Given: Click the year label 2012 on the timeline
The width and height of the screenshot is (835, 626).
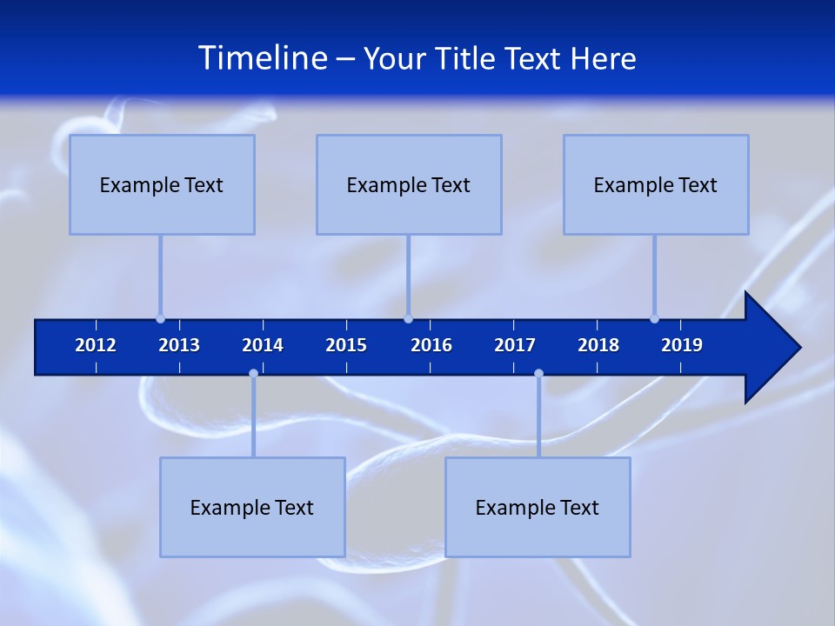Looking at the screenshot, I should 96,345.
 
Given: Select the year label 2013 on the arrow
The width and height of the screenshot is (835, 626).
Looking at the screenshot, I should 179,345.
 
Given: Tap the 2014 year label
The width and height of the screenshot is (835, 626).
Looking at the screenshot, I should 263,345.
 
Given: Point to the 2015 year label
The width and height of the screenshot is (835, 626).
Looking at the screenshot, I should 346,345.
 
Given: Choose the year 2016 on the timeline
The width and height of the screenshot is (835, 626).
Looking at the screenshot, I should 431,345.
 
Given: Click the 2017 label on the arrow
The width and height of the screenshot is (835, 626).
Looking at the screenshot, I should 515,345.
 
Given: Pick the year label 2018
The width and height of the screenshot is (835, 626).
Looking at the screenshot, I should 598,345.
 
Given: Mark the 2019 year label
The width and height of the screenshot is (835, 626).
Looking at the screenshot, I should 682,345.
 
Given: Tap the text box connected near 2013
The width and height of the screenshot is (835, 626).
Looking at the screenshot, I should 162,184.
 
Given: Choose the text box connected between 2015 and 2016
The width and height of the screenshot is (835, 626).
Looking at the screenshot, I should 409,184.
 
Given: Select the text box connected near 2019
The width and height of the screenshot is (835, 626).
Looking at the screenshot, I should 656,184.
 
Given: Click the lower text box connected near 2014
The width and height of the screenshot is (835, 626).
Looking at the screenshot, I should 252,507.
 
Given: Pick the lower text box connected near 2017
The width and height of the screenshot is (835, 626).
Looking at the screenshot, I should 538,507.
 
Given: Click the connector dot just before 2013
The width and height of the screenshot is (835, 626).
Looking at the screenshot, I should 160,318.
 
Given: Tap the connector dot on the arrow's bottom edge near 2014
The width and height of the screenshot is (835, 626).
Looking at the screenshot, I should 253,373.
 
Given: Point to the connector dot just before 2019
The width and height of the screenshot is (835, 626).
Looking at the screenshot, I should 654,318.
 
